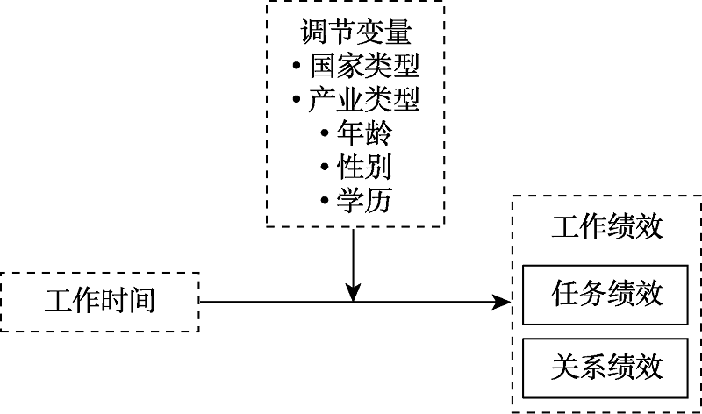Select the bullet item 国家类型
tap(364, 66)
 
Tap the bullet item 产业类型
tap(364, 100)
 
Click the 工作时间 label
tap(100, 302)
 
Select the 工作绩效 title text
tap(606, 227)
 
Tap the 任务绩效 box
tap(607, 292)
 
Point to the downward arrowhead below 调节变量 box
tap(353, 291)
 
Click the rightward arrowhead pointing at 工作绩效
tap(502, 303)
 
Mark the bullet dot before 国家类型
tap(297, 67)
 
